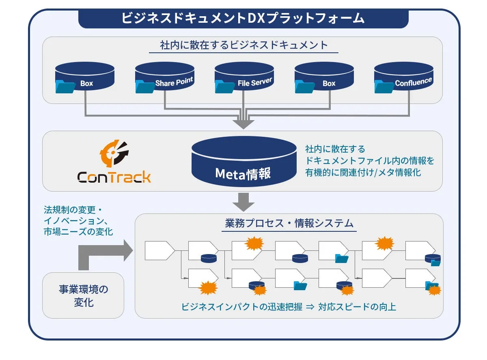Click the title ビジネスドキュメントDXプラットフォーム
pos(243,18)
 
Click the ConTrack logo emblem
pos(114,155)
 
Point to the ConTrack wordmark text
pos(114,177)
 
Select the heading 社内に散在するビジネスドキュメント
pos(243,45)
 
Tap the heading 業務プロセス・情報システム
pos(289,223)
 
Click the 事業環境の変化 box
pos(83,295)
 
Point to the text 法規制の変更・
pos(73,210)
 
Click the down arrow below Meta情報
pos(243,202)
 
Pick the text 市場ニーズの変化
pos(78,232)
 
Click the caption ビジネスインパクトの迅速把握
pos(241,307)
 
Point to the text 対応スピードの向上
pos(357,307)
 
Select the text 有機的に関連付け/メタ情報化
pos(363,172)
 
